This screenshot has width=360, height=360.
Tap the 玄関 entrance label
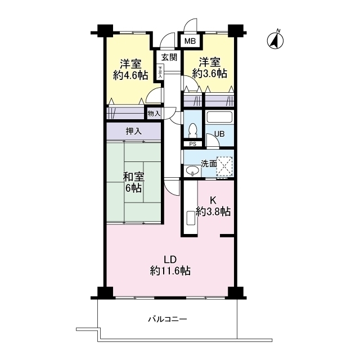pyautogui.click(x=169, y=57)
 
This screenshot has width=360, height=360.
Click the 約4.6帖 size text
pyautogui.click(x=130, y=74)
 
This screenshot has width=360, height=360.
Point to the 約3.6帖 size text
pyautogui.click(x=209, y=73)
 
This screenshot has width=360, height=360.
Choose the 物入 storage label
pyautogui.click(x=154, y=114)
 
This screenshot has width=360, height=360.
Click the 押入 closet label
pyautogui.click(x=134, y=132)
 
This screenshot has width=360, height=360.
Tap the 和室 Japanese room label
pyautogui.click(x=134, y=177)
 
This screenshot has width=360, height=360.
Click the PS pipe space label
pyautogui.click(x=192, y=144)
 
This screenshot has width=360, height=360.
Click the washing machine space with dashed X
pyautogui.click(x=224, y=165)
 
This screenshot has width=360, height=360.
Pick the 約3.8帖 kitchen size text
pyautogui.click(x=213, y=211)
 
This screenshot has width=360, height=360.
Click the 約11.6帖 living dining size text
pyautogui.click(x=170, y=271)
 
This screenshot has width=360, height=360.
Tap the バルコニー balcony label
pyautogui.click(x=168, y=319)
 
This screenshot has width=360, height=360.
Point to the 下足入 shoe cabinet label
pyautogui.click(x=161, y=73)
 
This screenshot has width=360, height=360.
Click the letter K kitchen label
pyautogui.click(x=213, y=200)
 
